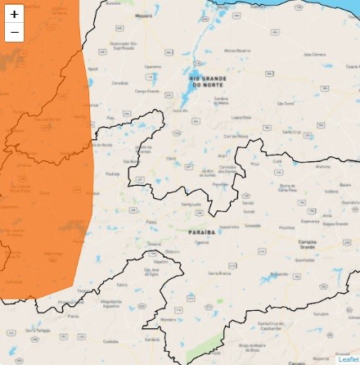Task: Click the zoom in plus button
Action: pos(14,14)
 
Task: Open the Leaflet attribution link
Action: pos(348,359)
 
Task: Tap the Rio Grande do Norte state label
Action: pos(205,81)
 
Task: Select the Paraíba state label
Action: pos(201,232)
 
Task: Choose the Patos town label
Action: pos(151,222)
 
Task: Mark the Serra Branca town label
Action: pos(219,272)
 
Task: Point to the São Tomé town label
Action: pos(286,104)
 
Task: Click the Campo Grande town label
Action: pos(146,92)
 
